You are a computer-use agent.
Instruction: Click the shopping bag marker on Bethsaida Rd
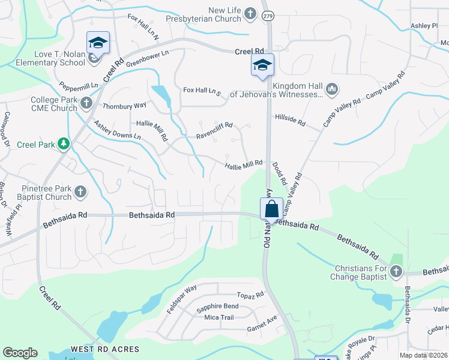tap(271, 209)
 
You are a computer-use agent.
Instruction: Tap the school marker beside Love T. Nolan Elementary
tap(98, 43)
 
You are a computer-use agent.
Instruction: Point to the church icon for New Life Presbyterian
tap(250, 13)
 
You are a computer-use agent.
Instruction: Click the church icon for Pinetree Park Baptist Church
tap(80, 192)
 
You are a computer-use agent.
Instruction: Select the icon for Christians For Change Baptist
tap(396, 272)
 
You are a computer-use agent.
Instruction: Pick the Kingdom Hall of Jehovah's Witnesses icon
tap(332, 90)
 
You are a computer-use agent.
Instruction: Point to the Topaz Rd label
tap(250, 295)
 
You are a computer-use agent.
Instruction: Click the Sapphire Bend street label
tap(217, 307)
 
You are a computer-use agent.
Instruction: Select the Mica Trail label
tap(218, 317)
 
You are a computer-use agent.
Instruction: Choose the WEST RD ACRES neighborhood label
tap(105, 349)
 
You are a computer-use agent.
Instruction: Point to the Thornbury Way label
tap(124, 106)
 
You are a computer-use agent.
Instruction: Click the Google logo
tap(20, 353)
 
